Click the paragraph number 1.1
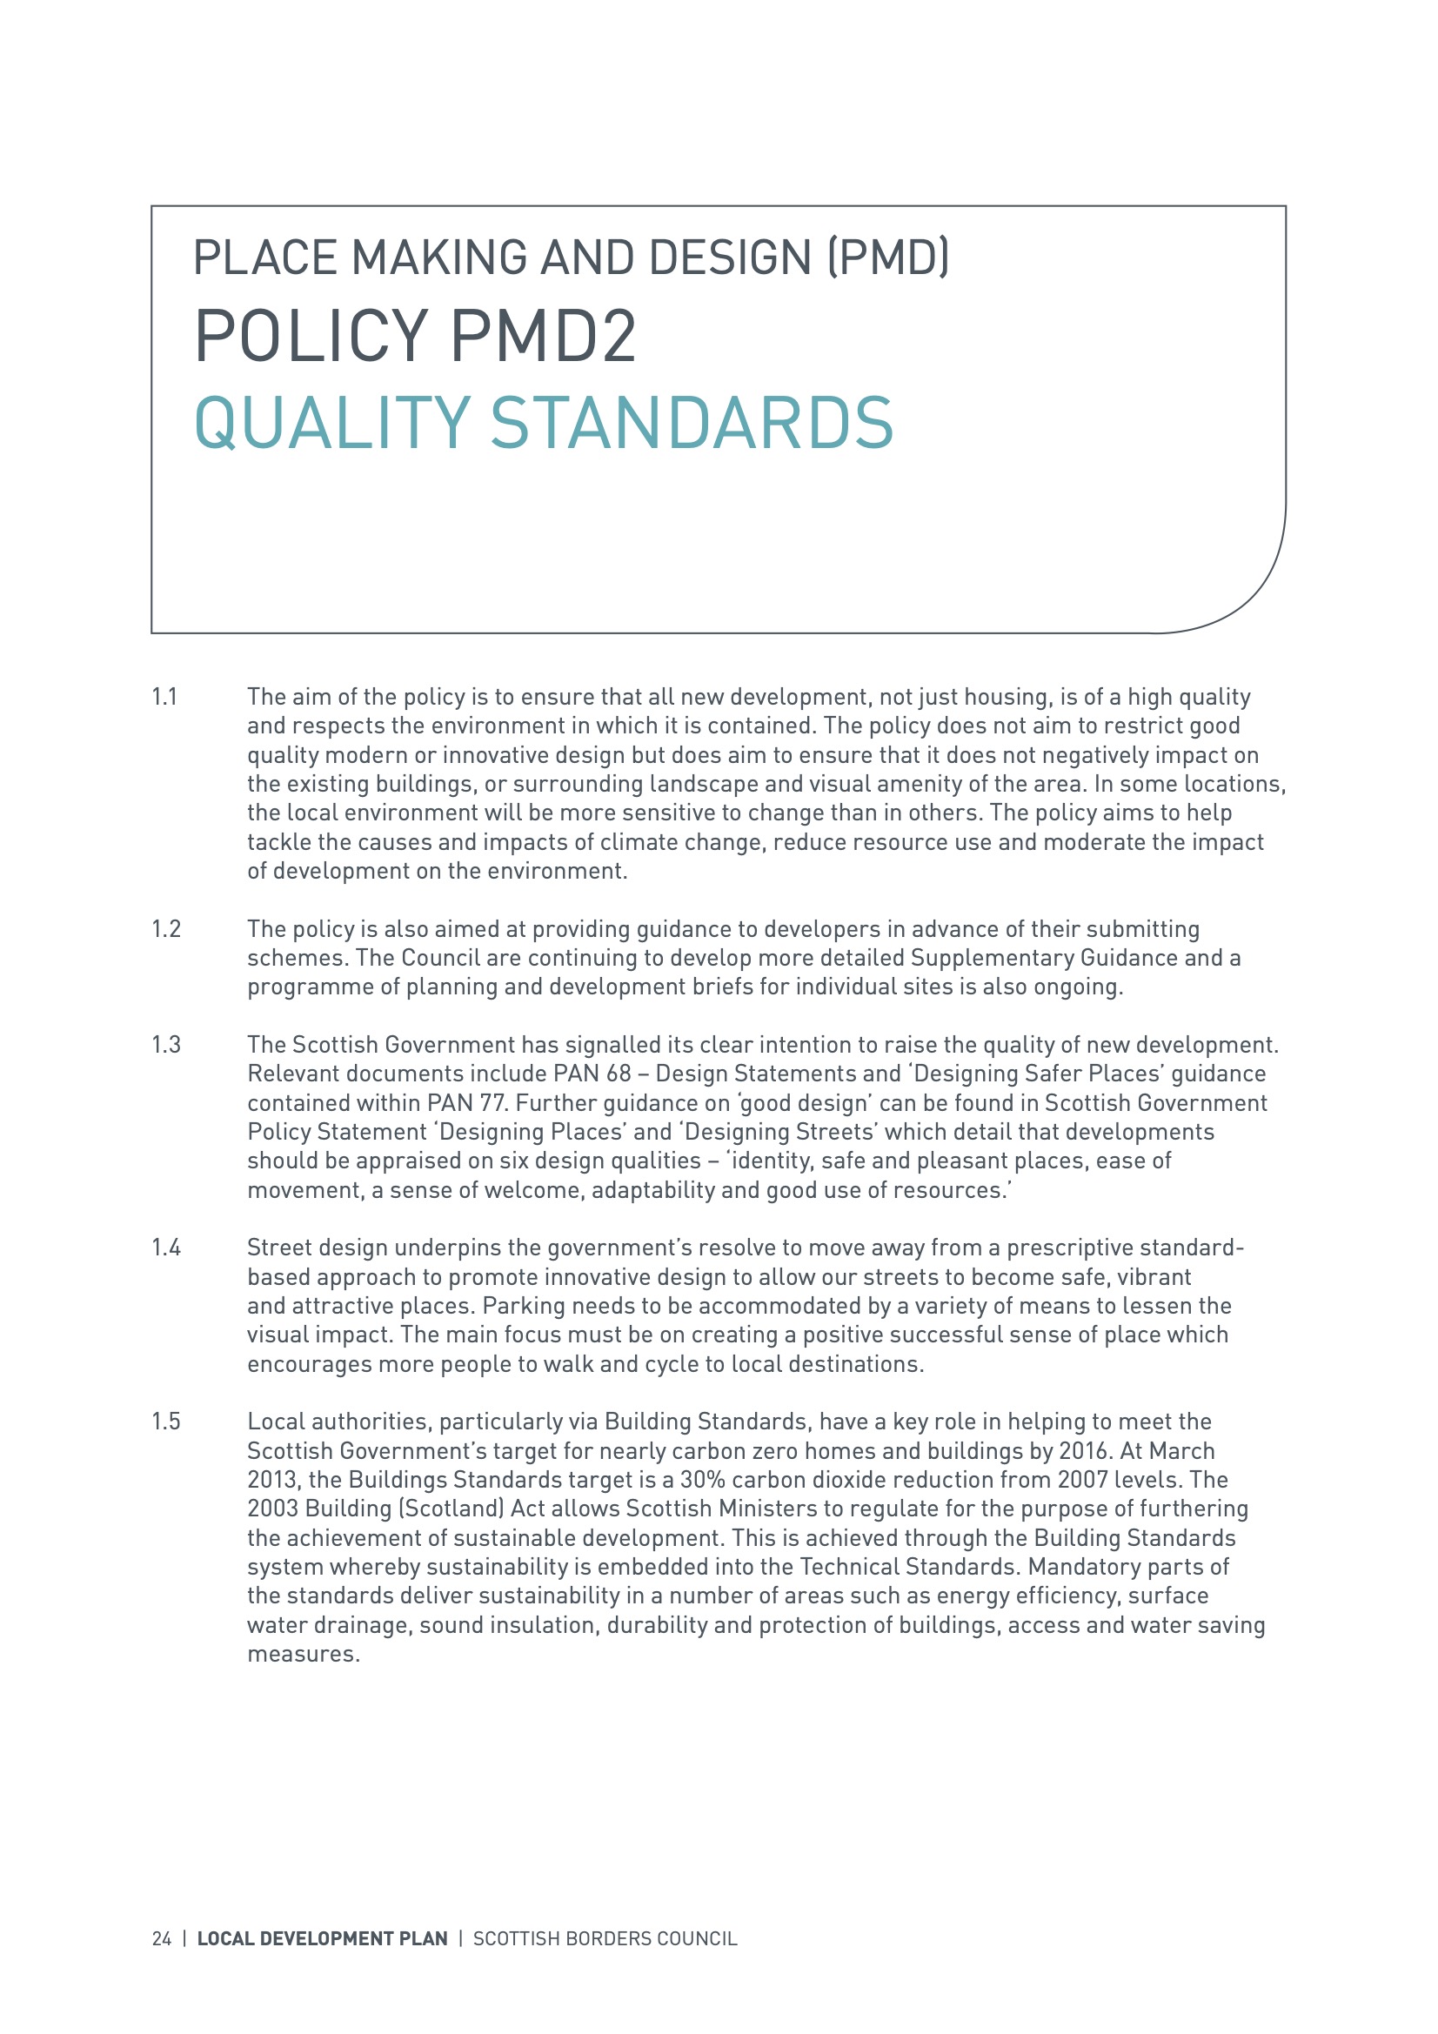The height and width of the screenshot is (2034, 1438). [164, 697]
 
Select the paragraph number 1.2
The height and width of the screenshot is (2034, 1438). [165, 929]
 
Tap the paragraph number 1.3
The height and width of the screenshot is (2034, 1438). [165, 1046]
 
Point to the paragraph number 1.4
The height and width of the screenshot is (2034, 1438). [165, 1248]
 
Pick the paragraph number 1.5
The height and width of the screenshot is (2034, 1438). [165, 1422]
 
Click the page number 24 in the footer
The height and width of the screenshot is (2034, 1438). [161, 1939]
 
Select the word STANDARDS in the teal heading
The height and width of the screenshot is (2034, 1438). [691, 423]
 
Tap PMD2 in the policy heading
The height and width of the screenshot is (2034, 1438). [543, 337]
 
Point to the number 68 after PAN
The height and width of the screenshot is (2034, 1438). [619, 1074]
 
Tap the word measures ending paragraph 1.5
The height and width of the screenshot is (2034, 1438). [303, 1655]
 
